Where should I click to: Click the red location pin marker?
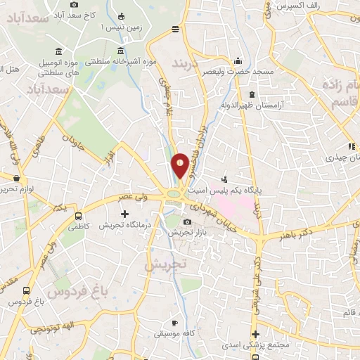pos(181,165)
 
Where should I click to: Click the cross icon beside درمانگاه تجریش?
pos(125,214)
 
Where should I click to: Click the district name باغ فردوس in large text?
pos(72,290)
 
